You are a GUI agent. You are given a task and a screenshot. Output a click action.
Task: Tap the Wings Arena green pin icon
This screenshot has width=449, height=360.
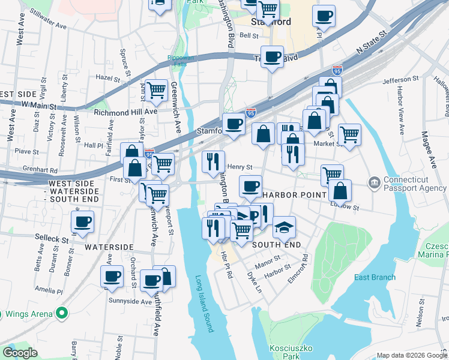(x=61, y=313)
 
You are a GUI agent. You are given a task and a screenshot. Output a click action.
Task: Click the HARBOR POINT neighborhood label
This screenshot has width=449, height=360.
(x=294, y=195)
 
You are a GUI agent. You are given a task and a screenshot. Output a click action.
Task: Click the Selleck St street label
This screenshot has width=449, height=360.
(x=51, y=239)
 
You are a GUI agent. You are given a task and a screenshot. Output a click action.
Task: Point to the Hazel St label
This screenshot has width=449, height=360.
(x=109, y=78)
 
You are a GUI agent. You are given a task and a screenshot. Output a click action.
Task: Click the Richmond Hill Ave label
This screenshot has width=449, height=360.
(x=125, y=112)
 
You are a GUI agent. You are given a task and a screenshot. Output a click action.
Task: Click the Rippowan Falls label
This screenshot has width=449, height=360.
(x=181, y=58)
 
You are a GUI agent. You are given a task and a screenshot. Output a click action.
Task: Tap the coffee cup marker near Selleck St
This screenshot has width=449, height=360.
(x=83, y=222)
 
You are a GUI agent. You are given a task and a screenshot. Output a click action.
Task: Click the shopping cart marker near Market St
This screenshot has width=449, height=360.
(x=349, y=133)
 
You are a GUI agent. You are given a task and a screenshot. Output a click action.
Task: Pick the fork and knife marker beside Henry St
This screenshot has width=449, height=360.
(x=213, y=161)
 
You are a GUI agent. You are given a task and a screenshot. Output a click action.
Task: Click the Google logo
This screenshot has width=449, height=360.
(x=20, y=353)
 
